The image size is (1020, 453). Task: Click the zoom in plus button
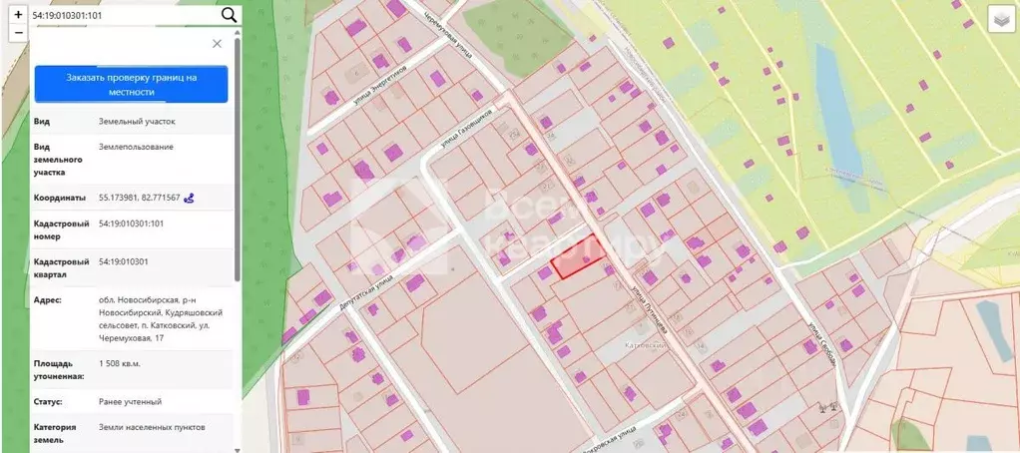pyautogui.click(x=18, y=14)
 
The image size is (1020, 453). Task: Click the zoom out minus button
pyautogui.click(x=18, y=33)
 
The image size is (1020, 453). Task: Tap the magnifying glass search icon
pyautogui.click(x=229, y=15)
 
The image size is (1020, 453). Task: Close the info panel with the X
pyautogui.click(x=217, y=44)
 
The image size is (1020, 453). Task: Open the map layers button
pyautogui.click(x=1001, y=20)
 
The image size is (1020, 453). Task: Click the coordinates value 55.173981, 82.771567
pyautogui.click(x=139, y=198)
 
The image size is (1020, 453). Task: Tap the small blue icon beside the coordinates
pyautogui.click(x=189, y=198)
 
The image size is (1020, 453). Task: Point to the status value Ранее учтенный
pyautogui.click(x=130, y=401)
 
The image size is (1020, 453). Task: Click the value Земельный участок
pyautogui.click(x=136, y=122)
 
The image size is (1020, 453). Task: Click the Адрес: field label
pyautogui.click(x=48, y=299)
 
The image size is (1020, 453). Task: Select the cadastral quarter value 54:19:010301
pyautogui.click(x=124, y=261)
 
